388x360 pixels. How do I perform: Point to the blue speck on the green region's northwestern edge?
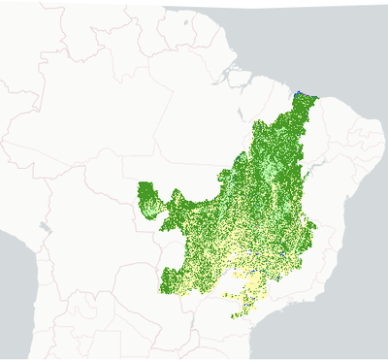point(240,155)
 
